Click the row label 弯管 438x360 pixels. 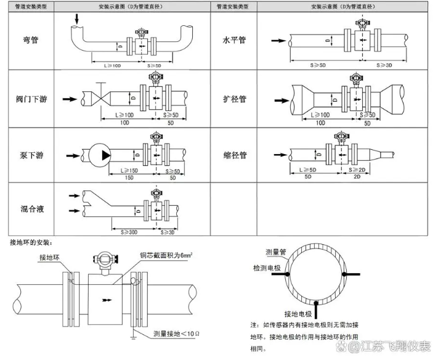(30, 39)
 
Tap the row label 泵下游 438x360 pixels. (30, 155)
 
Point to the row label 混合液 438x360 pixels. (30, 209)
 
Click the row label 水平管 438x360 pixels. (234, 39)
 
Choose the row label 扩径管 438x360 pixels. (234, 99)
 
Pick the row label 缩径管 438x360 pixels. (234, 155)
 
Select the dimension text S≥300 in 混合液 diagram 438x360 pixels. (125, 232)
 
